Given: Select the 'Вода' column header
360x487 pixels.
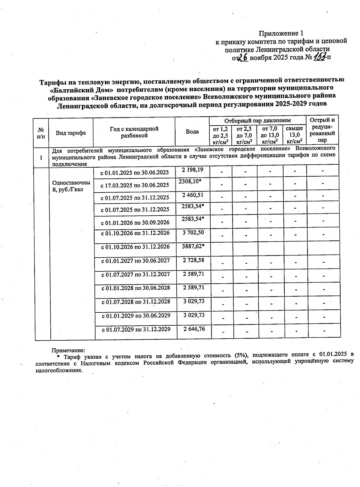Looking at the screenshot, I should (192, 132).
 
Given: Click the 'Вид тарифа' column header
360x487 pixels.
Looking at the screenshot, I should (71, 133).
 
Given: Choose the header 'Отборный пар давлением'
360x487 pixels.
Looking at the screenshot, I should (257, 121).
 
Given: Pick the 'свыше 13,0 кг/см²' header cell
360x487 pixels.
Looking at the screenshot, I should (294, 135).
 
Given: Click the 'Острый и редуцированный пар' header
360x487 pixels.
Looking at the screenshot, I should (322, 130).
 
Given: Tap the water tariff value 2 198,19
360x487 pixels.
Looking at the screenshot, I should (193, 170).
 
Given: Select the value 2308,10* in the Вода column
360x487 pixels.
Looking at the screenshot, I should (190, 182).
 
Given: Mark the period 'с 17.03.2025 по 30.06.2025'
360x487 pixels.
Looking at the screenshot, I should (135, 185).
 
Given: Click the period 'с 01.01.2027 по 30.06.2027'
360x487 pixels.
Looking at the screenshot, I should (136, 261).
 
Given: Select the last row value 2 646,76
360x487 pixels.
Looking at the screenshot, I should (194, 329).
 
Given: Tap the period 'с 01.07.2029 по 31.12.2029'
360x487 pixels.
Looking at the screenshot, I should (136, 329).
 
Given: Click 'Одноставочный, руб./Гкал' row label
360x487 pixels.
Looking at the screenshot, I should (71, 186).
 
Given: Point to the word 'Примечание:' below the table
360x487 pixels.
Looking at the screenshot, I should (69, 350).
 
